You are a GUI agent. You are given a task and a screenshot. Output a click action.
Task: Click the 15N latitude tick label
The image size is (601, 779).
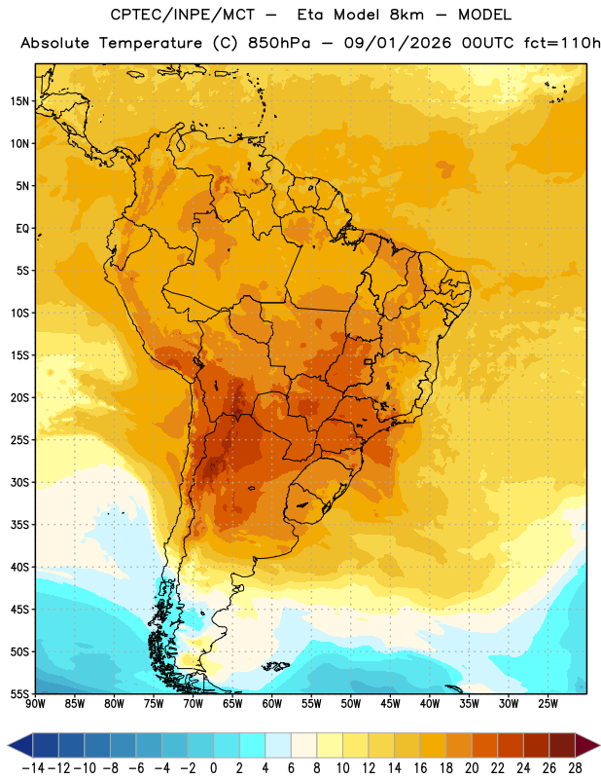(x=19, y=101)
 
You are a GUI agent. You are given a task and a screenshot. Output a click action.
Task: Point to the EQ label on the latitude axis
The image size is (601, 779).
(x=22, y=229)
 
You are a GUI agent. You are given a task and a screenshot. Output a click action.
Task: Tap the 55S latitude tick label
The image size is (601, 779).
(x=19, y=694)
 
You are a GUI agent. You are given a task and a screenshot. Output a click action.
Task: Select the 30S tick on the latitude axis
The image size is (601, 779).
(x=19, y=482)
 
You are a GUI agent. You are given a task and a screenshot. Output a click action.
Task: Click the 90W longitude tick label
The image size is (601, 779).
(x=35, y=704)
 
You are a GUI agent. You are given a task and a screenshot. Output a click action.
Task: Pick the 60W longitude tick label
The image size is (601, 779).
(x=272, y=704)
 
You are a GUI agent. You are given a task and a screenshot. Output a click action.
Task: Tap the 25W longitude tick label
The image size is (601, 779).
(x=548, y=704)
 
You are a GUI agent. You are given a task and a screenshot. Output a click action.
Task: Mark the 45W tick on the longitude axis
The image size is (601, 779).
(x=390, y=704)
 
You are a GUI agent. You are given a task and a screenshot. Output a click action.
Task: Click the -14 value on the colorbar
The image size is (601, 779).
(x=33, y=768)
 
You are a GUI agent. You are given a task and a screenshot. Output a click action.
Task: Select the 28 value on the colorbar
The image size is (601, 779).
(x=575, y=768)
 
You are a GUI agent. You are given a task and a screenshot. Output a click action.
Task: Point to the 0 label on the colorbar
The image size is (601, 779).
(x=213, y=768)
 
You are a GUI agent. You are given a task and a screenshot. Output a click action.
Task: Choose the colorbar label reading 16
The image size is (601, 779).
(x=420, y=768)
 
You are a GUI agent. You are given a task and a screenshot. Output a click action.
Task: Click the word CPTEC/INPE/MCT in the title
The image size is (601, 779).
(x=183, y=15)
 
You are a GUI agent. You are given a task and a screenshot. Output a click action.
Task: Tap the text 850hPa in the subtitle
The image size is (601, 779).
(x=279, y=43)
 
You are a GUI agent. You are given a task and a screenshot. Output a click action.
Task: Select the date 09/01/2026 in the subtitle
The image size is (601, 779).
(x=398, y=43)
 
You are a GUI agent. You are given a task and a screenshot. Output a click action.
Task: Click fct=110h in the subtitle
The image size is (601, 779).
(x=562, y=43)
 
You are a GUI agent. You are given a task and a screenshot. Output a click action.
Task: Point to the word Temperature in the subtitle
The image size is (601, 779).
(x=151, y=44)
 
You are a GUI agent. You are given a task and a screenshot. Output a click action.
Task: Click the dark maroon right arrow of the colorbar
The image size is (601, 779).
(x=587, y=746)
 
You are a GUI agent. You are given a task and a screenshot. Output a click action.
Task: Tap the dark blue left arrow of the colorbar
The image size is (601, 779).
(x=20, y=746)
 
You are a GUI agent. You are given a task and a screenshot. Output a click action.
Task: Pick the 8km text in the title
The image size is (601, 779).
(x=407, y=15)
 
